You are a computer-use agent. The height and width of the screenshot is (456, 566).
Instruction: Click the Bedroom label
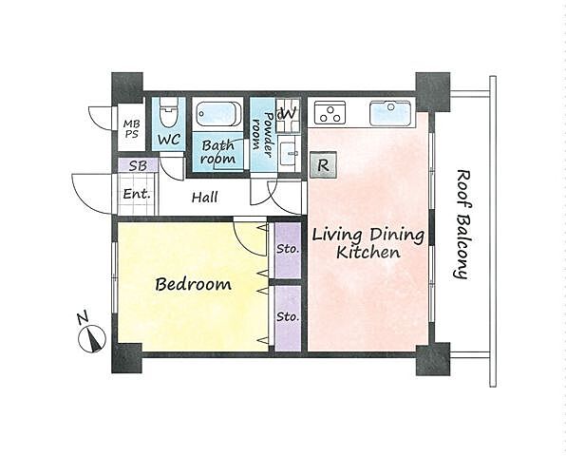point(193,284)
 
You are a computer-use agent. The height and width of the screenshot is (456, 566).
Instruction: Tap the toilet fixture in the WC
point(169,111)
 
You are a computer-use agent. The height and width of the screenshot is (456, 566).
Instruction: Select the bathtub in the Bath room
point(218,114)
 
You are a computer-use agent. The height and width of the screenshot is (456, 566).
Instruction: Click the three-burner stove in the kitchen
point(330,112)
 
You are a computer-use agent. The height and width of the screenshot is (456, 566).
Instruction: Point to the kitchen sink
point(390,113)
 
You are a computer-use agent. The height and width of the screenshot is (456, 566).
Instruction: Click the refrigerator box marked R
point(323,165)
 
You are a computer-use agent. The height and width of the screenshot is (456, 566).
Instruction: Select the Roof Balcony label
point(462,224)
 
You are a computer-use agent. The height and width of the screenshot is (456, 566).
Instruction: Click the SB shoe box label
point(138,165)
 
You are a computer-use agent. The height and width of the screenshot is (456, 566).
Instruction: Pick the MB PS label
point(131,128)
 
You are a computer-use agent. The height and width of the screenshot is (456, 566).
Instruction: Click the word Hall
point(205,198)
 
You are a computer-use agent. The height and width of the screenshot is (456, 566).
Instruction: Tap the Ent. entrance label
point(137,194)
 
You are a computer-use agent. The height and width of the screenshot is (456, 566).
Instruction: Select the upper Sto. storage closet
point(288,250)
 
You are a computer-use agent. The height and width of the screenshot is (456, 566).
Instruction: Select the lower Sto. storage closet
point(288,318)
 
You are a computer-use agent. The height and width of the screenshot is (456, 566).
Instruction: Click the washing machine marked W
point(288,114)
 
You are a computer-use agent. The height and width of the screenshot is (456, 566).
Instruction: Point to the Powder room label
point(262,135)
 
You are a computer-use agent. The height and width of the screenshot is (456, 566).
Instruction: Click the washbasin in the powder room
point(289,155)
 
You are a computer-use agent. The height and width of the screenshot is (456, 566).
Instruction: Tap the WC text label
point(169,140)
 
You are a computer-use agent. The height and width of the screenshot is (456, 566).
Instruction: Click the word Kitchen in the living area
point(368,252)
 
